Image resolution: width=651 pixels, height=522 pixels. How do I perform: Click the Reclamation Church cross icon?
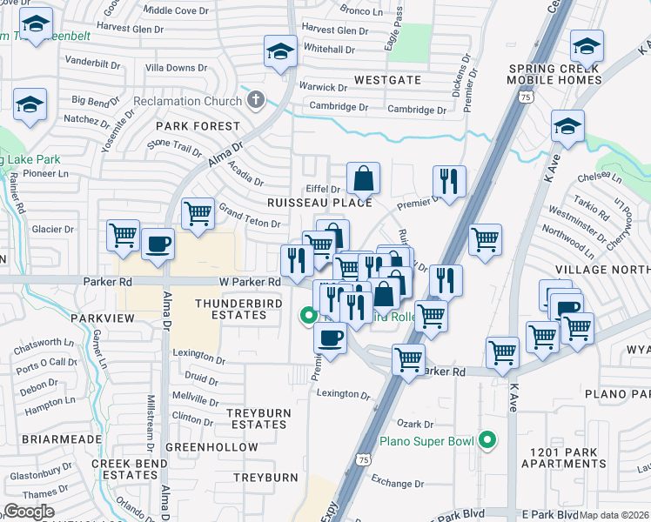click(x=255, y=101)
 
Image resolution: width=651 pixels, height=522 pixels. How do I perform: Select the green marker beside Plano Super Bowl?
click(x=487, y=441)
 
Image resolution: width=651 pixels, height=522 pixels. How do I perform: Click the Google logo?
click(x=29, y=511)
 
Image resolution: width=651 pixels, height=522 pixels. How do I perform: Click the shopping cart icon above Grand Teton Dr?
click(x=198, y=212)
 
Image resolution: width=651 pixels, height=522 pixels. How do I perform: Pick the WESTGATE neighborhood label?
click(x=387, y=80)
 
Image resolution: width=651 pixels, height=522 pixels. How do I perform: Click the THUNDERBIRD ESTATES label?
click(x=230, y=309)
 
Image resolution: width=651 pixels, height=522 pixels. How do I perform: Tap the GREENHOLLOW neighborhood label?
click(x=211, y=447)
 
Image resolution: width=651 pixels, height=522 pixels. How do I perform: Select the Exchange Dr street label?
click(x=396, y=483)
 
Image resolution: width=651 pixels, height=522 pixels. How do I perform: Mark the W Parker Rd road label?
click(x=249, y=282)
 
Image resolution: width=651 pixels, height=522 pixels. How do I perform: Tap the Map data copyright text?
click(x=614, y=515)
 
